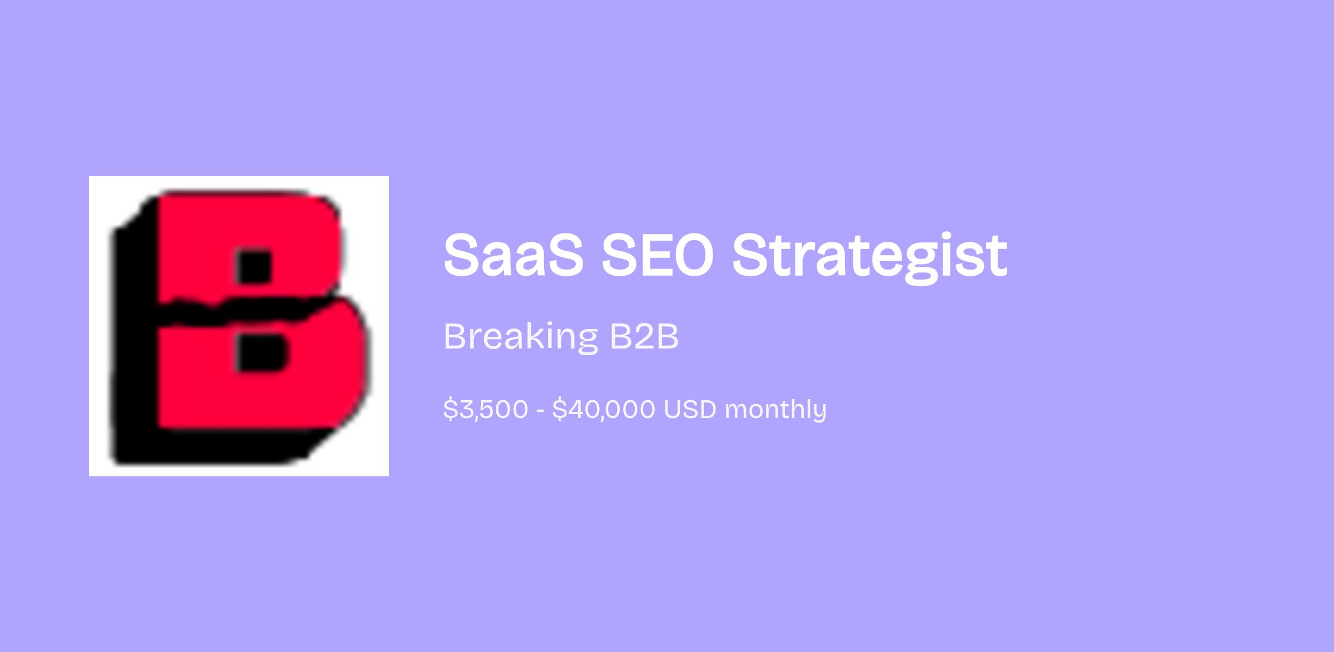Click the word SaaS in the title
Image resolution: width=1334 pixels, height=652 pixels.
(514, 255)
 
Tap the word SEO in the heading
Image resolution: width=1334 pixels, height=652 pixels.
(658, 255)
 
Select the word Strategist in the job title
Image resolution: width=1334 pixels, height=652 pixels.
(869, 257)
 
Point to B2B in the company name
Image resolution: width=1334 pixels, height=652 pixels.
(644, 336)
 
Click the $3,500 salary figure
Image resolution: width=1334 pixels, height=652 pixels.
(485, 409)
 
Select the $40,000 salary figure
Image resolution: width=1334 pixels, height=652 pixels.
(604, 409)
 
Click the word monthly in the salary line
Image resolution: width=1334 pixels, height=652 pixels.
(775, 410)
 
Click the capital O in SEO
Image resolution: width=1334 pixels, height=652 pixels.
(689, 255)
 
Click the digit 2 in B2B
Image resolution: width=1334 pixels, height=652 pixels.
(645, 336)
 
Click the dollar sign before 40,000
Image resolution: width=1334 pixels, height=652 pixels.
(559, 409)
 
